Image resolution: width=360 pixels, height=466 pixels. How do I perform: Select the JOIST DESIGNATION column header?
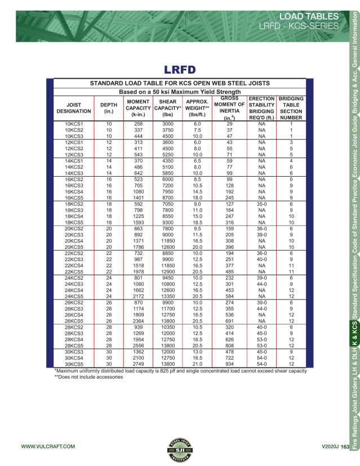74,108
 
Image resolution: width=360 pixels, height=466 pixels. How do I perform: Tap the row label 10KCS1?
74,123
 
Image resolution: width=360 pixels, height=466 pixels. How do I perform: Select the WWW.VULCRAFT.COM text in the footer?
48,446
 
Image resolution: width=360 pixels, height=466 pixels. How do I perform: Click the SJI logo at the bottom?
180,446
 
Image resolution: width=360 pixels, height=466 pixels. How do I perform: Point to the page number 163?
345,446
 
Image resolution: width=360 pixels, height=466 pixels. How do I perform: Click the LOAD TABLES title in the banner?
309,16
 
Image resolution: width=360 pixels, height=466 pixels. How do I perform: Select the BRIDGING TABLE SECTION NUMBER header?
291,108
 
